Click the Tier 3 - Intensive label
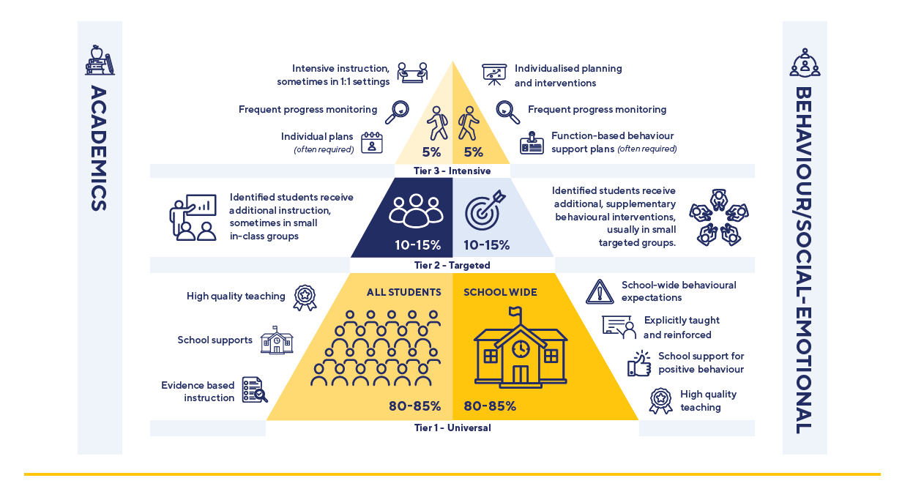452,171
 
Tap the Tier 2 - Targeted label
452,265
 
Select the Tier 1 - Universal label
452,428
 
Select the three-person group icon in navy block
416,210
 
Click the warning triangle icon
600,291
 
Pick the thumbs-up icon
639,363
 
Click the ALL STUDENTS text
403,292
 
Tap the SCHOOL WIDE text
500,292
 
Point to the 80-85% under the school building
490,406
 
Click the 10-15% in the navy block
417,244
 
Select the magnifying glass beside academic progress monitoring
397,111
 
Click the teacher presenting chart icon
193,217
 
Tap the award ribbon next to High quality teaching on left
305,297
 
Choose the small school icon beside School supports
277,340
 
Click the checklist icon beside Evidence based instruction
254,390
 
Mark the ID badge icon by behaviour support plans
532,143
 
